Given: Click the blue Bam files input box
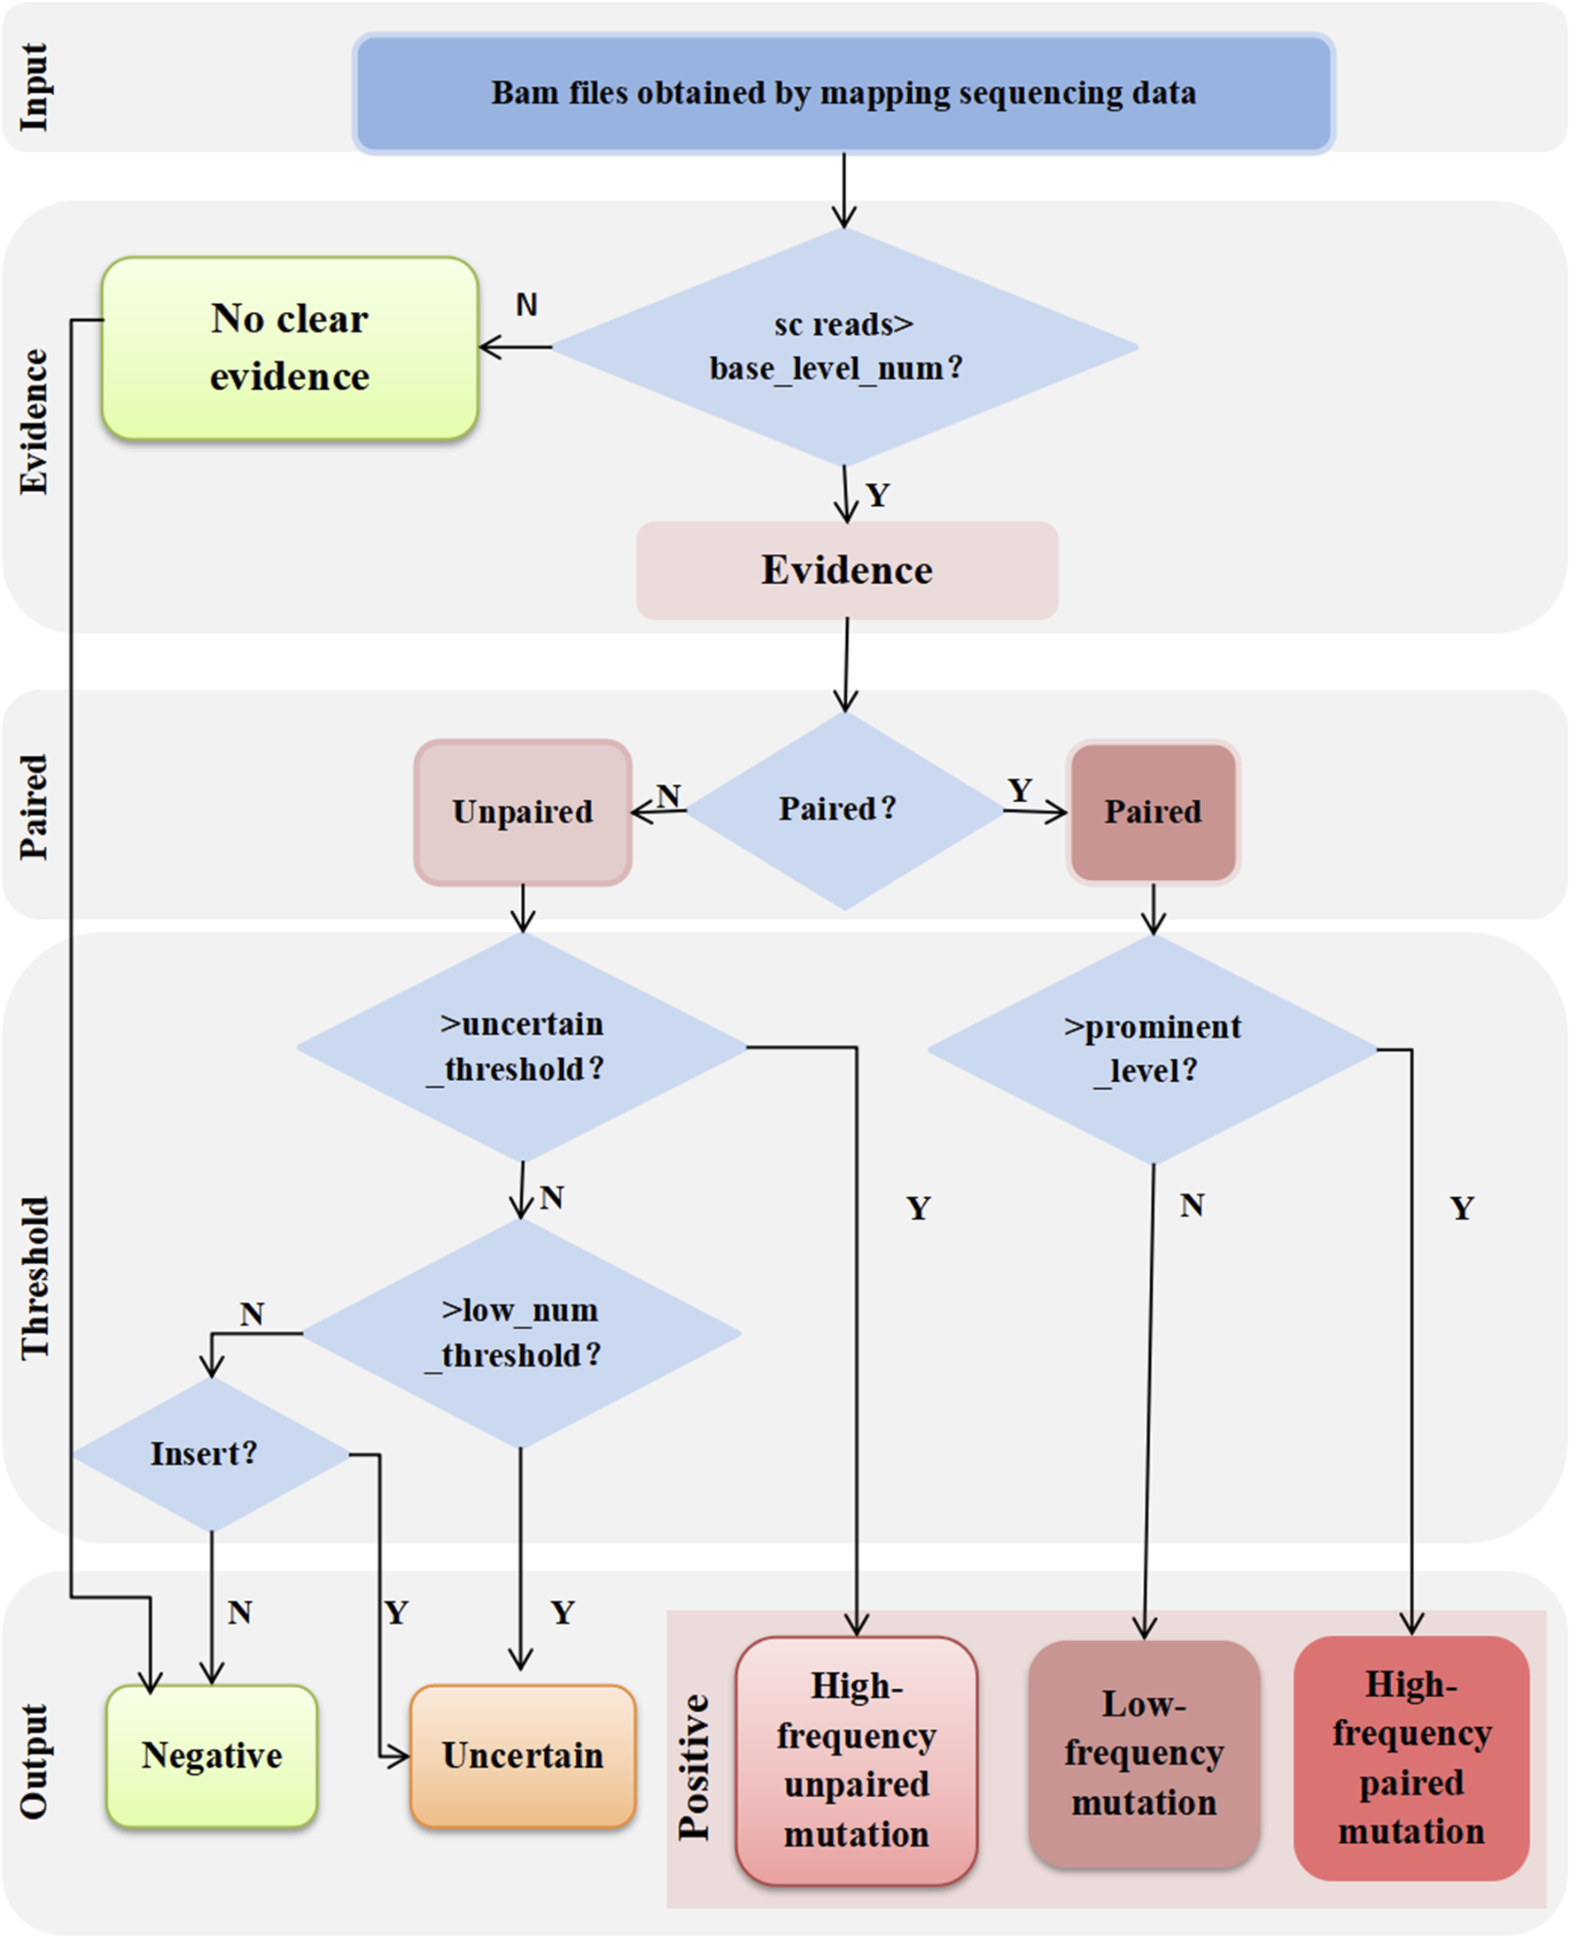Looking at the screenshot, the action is click(843, 93).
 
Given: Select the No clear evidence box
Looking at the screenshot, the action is click(290, 348).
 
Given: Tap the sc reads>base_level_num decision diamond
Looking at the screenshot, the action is click(843, 346).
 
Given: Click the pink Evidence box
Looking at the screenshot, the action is click(846, 570).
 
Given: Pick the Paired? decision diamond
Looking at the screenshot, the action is click(843, 810).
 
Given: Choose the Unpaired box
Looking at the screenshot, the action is click(523, 812).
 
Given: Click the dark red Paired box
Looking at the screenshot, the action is click(1153, 812).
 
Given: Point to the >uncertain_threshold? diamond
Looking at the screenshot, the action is click(522, 1047).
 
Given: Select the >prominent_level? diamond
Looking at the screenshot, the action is click(1152, 1049).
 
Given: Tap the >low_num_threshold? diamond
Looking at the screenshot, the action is click(521, 1333).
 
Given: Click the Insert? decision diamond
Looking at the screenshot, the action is click(212, 1454).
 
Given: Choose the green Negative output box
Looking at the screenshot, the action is click(212, 1755).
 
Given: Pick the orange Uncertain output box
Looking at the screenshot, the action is click(523, 1755).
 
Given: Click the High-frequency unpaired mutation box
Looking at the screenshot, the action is click(857, 1761).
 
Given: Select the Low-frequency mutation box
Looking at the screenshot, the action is click(1144, 1755).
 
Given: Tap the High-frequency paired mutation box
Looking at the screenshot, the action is click(1411, 1758).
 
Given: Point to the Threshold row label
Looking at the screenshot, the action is click(35, 1278).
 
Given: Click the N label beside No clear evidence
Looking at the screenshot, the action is click(526, 305).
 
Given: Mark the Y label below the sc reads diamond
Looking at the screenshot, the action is click(877, 494).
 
